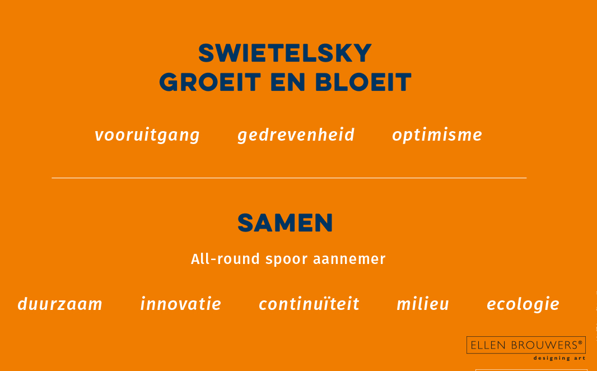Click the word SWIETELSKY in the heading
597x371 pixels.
coord(285,53)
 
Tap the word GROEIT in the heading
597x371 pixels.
coord(210,82)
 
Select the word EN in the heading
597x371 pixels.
coord(288,82)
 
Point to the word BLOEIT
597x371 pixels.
coord(363,82)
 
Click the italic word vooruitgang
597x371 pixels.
coord(147,136)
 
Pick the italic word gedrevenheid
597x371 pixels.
coord(296,135)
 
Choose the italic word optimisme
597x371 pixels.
coord(437,135)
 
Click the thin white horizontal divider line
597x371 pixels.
coord(289,178)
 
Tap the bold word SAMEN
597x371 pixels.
coord(285,223)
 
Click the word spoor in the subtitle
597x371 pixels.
coord(286,260)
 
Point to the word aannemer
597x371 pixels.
coord(349,259)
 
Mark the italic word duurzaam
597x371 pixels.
coord(60,304)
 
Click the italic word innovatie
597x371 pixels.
coord(181,304)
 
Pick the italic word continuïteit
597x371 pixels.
coord(309,304)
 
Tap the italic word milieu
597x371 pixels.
coord(423,304)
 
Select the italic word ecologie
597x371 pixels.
coord(523,304)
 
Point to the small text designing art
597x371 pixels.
coord(559,358)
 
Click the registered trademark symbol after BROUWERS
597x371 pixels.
coord(580,342)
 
